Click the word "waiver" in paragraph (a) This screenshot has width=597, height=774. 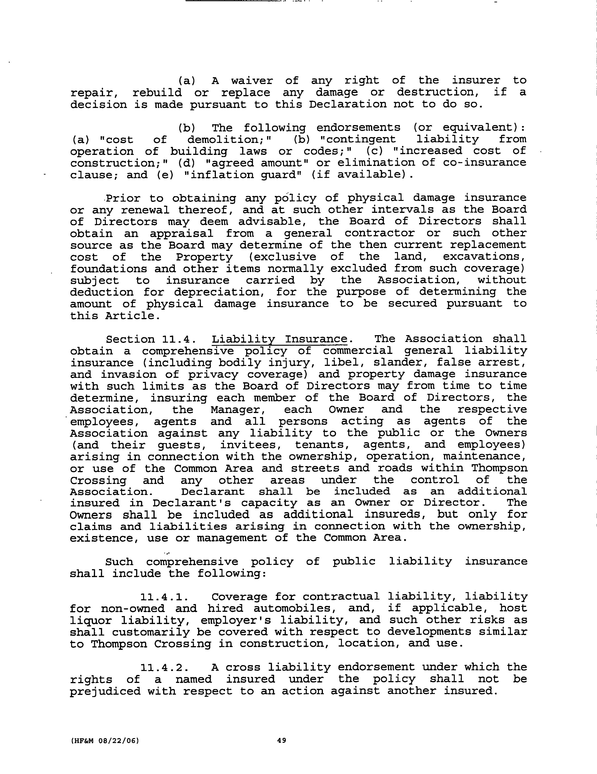pyautogui.click(x=252, y=81)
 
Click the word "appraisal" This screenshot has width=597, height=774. pyautogui.click(x=181, y=233)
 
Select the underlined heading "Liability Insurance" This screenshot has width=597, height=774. pyautogui.click(x=279, y=339)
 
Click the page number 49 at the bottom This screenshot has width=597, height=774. pyautogui.click(x=282, y=740)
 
